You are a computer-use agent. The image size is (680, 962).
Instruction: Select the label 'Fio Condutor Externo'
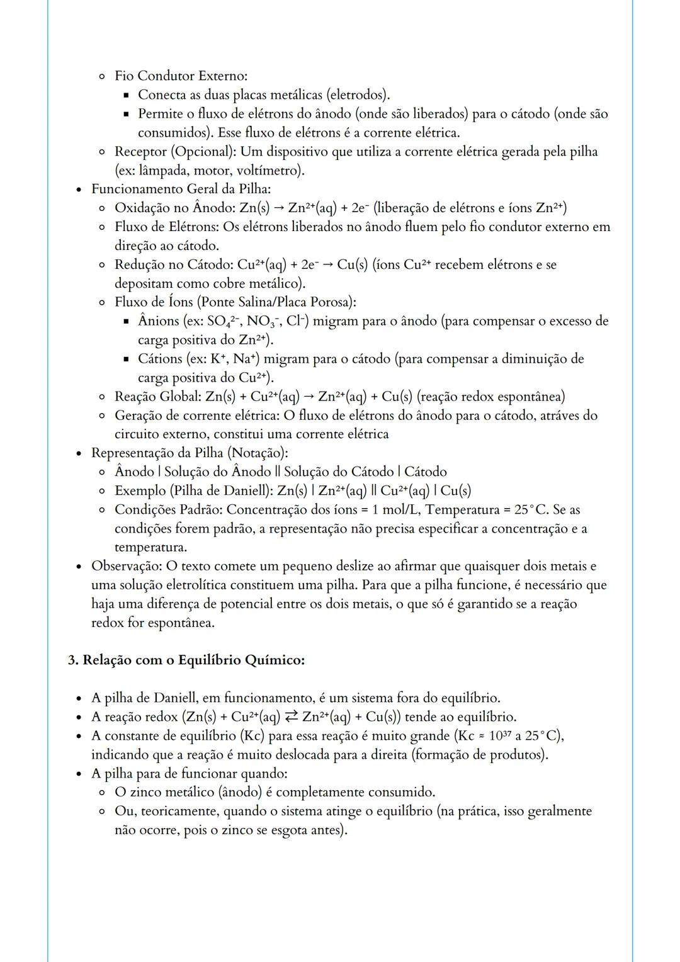tap(180, 76)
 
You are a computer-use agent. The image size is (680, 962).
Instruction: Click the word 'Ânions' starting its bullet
tap(159, 321)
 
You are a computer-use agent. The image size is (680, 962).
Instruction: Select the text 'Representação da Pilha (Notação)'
tap(189, 453)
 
